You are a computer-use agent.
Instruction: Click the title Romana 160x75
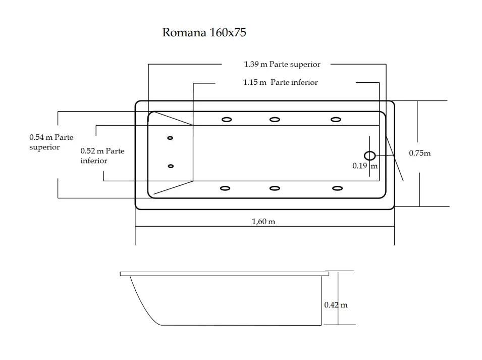tap(204, 33)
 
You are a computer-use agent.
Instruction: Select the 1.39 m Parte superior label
tap(282, 64)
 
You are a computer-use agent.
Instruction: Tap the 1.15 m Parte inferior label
tap(280, 82)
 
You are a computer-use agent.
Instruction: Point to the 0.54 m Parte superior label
tap(51, 142)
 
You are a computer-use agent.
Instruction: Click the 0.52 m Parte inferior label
tap(102, 156)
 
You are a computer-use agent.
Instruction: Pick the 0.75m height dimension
tap(419, 153)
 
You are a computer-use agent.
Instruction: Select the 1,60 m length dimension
tap(263, 221)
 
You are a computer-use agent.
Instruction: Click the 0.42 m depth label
tap(336, 305)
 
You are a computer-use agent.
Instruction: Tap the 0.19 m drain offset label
tap(364, 165)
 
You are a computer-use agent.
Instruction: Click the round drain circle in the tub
tap(369, 156)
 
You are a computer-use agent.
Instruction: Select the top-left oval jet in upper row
tap(227, 120)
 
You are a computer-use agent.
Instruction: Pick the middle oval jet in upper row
tap(275, 120)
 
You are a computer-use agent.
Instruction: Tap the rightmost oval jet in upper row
tap(336, 120)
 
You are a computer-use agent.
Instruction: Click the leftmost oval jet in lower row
tap(226, 188)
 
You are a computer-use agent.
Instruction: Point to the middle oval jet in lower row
tap(275, 188)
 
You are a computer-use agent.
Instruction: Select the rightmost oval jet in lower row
tap(337, 188)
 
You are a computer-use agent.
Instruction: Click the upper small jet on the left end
tap(170, 138)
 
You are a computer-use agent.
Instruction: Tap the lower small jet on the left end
tap(171, 166)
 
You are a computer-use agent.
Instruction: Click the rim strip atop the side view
tap(224, 274)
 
